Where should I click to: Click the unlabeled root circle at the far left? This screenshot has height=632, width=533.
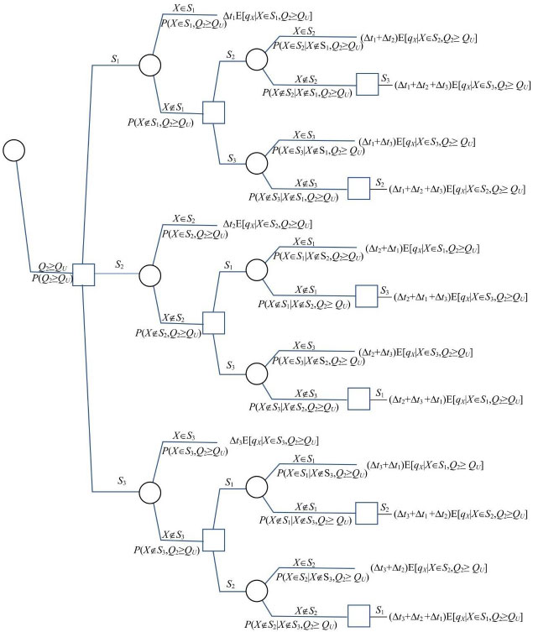click(14, 150)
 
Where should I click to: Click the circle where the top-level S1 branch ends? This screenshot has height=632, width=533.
click(149, 65)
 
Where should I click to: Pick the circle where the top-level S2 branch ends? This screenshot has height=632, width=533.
click(149, 275)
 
